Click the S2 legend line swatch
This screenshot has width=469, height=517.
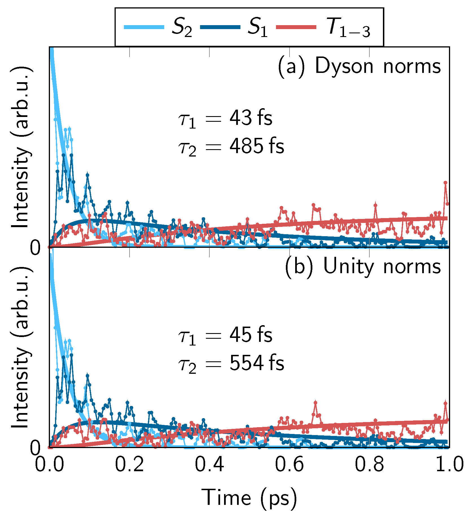pos(144,27)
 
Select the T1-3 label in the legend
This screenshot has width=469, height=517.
pos(349,28)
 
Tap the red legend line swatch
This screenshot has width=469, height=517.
pos(296,27)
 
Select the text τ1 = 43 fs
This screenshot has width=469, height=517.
pos(225,119)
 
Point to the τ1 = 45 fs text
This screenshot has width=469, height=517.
pos(225,336)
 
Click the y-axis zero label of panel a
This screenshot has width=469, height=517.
pos(36,249)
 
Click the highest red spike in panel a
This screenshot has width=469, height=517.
pos(446,183)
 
